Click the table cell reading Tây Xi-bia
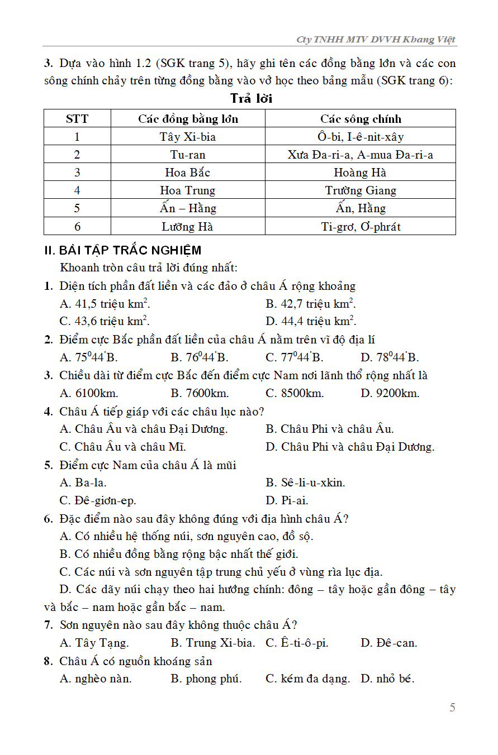click(188, 137)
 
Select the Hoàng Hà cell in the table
click(360, 173)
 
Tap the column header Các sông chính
click(361, 119)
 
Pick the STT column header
click(77, 119)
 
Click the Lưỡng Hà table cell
click(188, 226)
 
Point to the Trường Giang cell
click(361, 190)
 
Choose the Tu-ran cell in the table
click(188, 155)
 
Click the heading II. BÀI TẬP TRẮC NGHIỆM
click(122, 250)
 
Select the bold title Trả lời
click(251, 99)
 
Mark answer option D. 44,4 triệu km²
click(311, 321)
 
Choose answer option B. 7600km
click(200, 393)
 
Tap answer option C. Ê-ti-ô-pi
click(297, 643)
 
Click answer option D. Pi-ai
click(287, 500)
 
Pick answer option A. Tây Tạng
click(94, 643)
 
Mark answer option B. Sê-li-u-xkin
click(305, 482)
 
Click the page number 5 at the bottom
click(452, 708)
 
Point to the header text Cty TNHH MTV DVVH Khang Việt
click(376, 40)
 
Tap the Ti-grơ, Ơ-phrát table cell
click(361, 226)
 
